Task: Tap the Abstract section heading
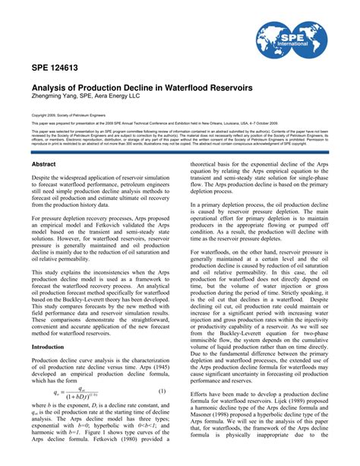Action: point(45,163)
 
